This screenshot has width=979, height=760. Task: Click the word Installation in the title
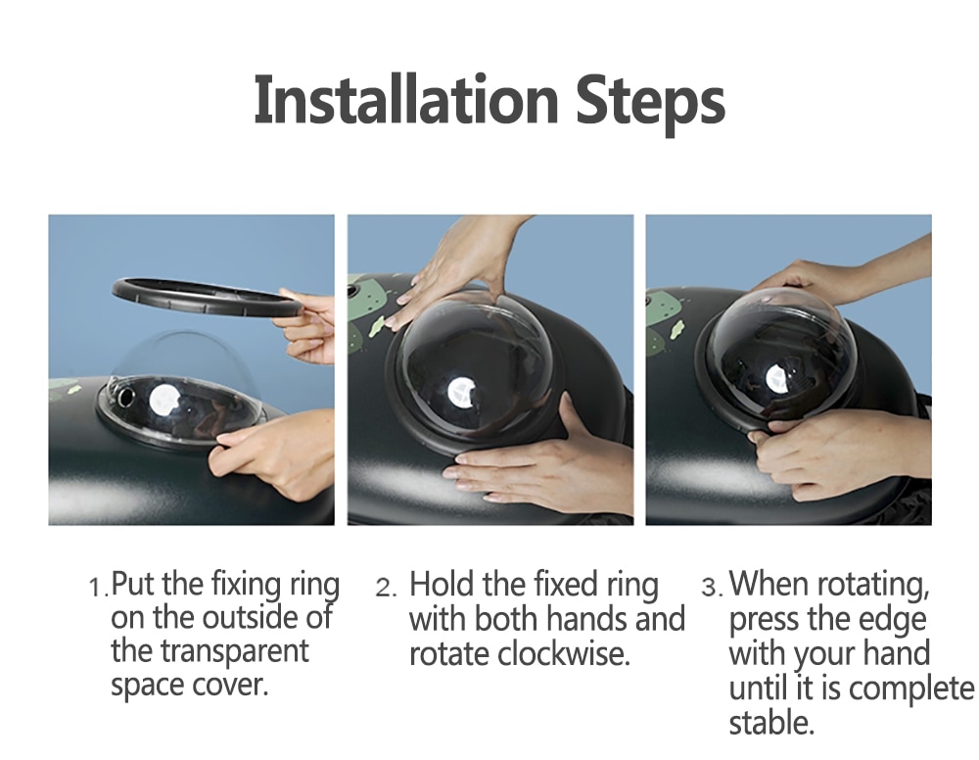(x=406, y=100)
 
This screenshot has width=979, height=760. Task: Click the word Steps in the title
(x=650, y=103)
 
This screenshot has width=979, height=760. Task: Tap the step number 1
(x=95, y=588)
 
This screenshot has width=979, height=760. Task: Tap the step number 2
(x=384, y=588)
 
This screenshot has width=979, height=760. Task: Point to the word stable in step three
(x=771, y=722)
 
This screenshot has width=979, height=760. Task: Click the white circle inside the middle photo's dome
(x=461, y=393)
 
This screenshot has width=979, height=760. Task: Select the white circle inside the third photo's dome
(x=776, y=379)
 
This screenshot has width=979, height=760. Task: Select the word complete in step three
(x=910, y=689)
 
